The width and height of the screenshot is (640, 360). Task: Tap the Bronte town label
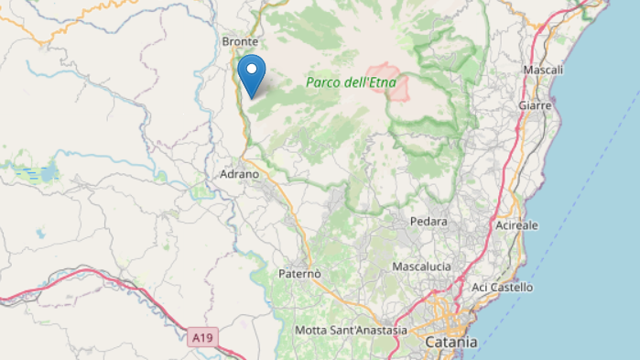click(241, 42)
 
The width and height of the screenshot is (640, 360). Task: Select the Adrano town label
click(240, 173)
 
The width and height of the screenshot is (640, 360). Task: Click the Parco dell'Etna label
click(351, 82)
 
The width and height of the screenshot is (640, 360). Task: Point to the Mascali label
click(543, 71)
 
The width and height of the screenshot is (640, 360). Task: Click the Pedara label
click(428, 222)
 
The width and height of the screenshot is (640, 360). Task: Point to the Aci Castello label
click(502, 288)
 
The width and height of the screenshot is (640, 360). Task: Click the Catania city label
click(451, 342)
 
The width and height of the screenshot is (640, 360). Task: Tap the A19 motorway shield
click(203, 338)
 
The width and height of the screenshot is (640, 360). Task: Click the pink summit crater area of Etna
click(383, 79)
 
